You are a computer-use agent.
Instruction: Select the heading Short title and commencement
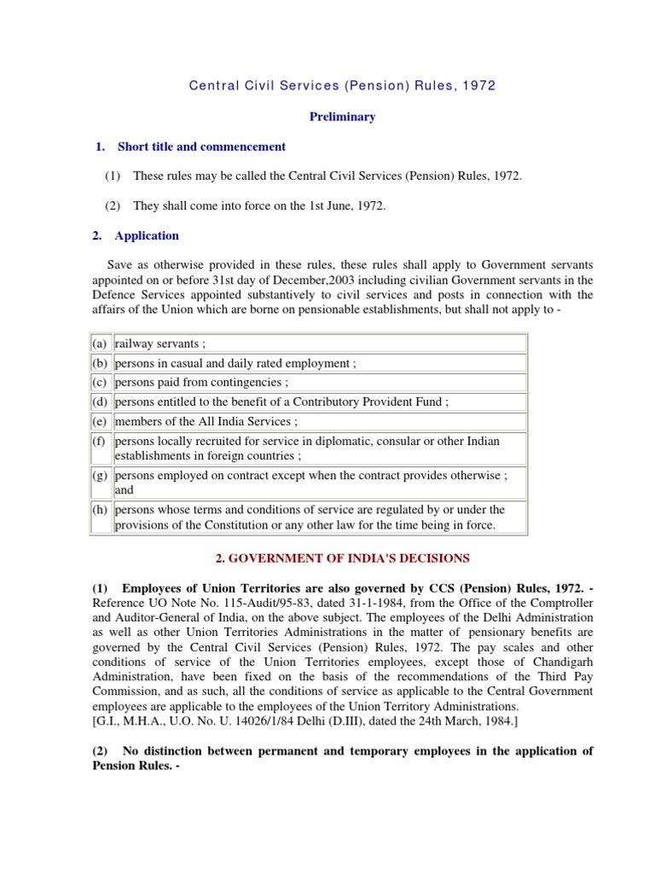(201, 147)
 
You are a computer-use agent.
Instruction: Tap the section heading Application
(147, 235)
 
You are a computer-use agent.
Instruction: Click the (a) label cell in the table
(100, 343)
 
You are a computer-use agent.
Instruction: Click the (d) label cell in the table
(100, 402)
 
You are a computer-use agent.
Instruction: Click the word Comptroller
(551, 601)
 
